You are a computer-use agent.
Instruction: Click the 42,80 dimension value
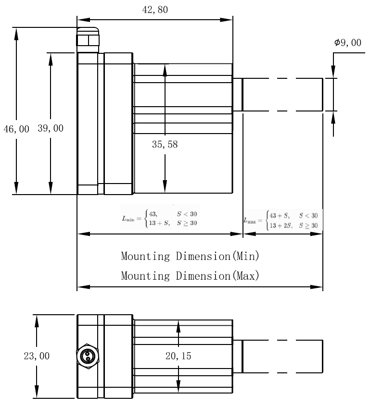(x=155, y=10)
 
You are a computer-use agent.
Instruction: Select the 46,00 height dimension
(x=16, y=129)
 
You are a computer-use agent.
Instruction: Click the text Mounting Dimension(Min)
(x=190, y=256)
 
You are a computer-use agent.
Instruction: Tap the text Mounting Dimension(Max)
(x=190, y=276)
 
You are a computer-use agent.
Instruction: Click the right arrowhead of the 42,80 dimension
(x=228, y=20)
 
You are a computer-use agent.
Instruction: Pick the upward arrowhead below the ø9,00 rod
(x=333, y=117)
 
